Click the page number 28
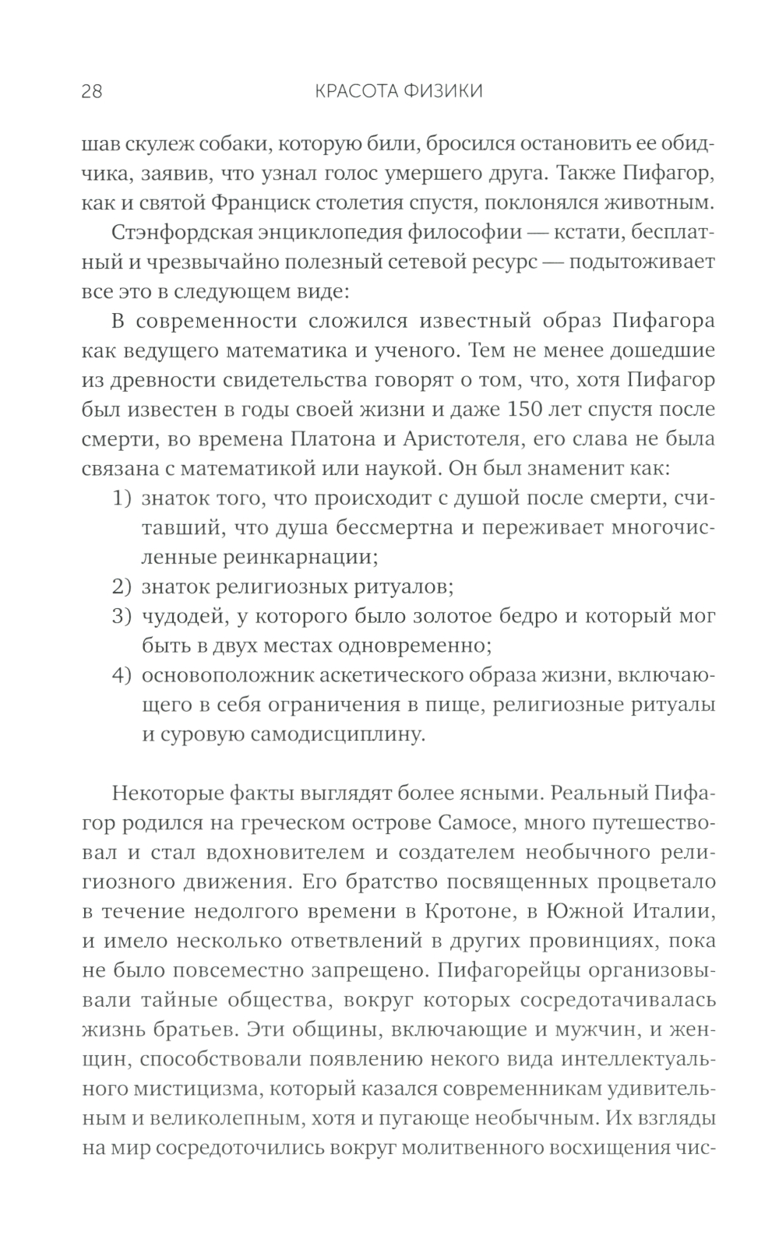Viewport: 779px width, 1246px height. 91,91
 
